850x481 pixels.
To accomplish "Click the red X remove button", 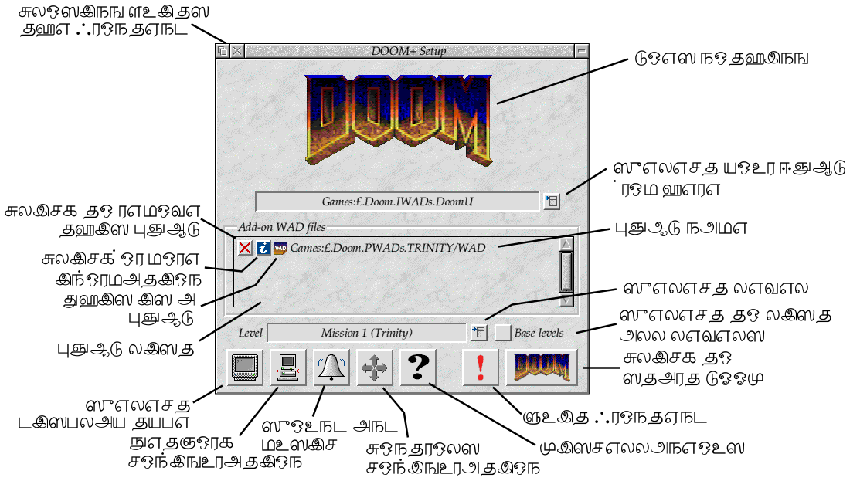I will point(245,248).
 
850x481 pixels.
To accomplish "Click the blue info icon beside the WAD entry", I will point(263,248).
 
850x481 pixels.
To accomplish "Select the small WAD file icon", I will point(280,248).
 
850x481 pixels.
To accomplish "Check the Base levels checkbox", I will point(503,333).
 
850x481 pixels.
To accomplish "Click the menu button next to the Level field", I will point(479,333).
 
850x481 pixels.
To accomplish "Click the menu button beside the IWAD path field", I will point(551,202).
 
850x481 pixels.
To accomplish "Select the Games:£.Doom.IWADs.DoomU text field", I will point(397,202).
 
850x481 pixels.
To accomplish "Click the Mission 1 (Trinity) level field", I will point(366,333).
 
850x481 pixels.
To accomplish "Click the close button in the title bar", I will point(237,51).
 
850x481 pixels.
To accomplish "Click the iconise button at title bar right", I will point(582,51).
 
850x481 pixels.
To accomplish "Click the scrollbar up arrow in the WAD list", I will point(566,244).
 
